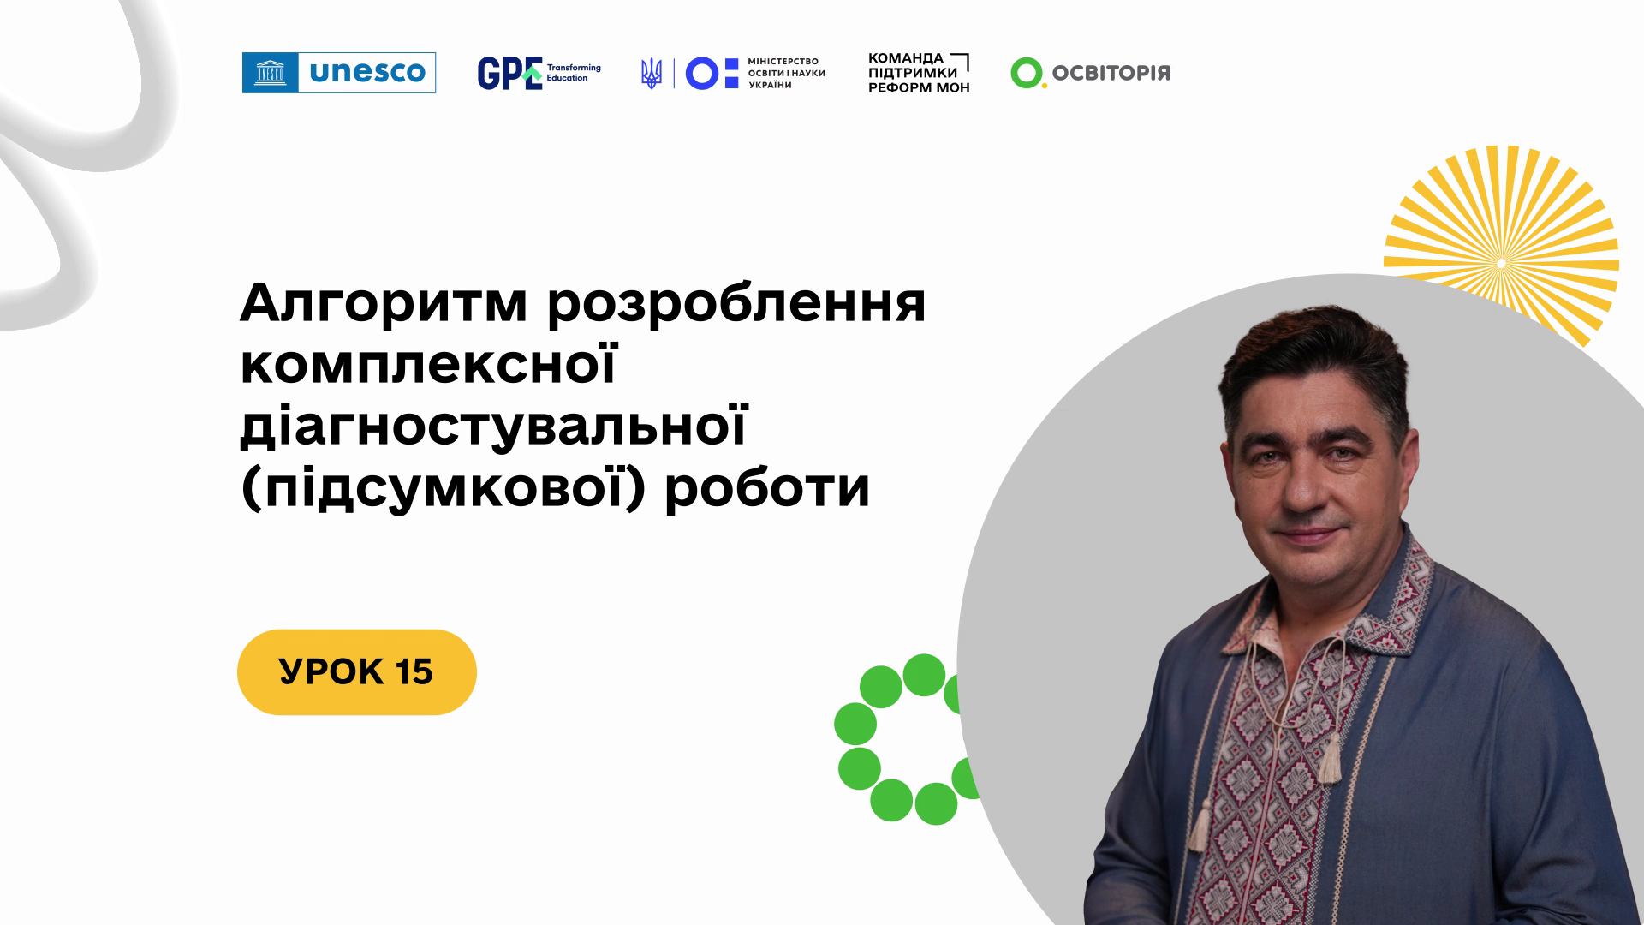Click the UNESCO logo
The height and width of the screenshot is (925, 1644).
point(339,73)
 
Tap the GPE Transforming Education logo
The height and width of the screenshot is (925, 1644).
point(539,73)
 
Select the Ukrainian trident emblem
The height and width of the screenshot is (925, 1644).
point(651,74)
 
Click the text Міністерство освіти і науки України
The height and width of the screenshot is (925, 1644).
point(787,74)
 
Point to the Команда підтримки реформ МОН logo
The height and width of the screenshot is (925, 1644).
point(919,73)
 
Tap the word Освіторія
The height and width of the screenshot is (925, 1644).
point(1111,73)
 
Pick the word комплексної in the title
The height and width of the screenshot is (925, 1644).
point(428,367)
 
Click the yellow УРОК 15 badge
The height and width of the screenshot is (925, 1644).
point(357,672)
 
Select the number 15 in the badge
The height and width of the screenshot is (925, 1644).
point(414,672)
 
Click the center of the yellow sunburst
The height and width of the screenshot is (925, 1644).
point(1501,261)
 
